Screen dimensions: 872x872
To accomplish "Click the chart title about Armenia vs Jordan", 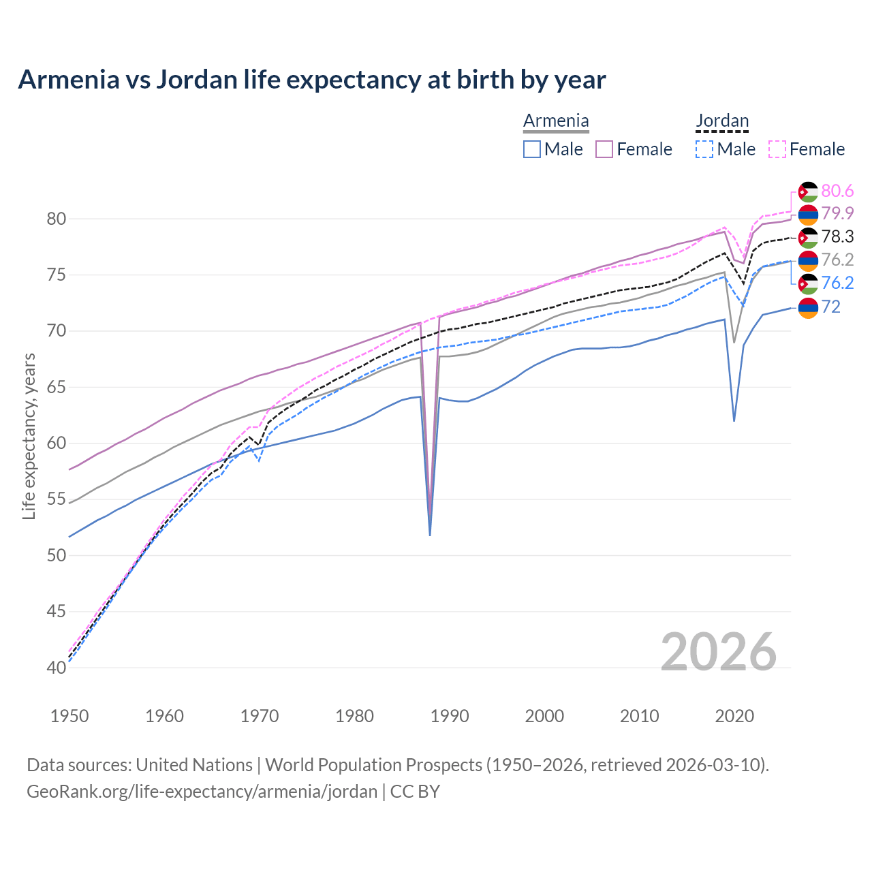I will click(311, 80).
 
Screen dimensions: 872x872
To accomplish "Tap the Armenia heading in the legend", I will click(556, 121).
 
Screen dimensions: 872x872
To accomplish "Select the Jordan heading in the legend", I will click(722, 121).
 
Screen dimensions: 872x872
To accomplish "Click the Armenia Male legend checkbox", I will click(532, 149).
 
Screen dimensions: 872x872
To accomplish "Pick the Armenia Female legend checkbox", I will click(604, 149).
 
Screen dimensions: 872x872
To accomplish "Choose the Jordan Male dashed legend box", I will click(704, 149).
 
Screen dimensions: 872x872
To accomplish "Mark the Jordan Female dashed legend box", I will click(777, 149).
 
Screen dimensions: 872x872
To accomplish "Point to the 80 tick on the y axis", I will click(57, 219).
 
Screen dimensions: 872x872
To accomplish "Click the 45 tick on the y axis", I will click(57, 611).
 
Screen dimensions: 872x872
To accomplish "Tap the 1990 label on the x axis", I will click(450, 716).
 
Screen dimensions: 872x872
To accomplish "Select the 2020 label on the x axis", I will click(734, 716).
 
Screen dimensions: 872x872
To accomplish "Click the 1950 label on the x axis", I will click(70, 716).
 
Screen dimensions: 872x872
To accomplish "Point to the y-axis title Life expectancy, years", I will click(29, 436).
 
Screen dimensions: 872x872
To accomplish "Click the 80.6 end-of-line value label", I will click(837, 191).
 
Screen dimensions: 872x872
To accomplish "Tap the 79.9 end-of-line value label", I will click(837, 214).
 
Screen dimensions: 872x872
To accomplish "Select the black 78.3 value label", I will click(837, 237).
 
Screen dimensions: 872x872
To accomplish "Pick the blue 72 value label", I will click(830, 307).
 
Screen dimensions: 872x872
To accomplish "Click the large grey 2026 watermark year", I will click(719, 652).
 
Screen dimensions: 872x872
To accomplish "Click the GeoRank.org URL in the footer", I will click(202, 792).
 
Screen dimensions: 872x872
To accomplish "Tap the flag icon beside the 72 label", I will click(808, 308).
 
